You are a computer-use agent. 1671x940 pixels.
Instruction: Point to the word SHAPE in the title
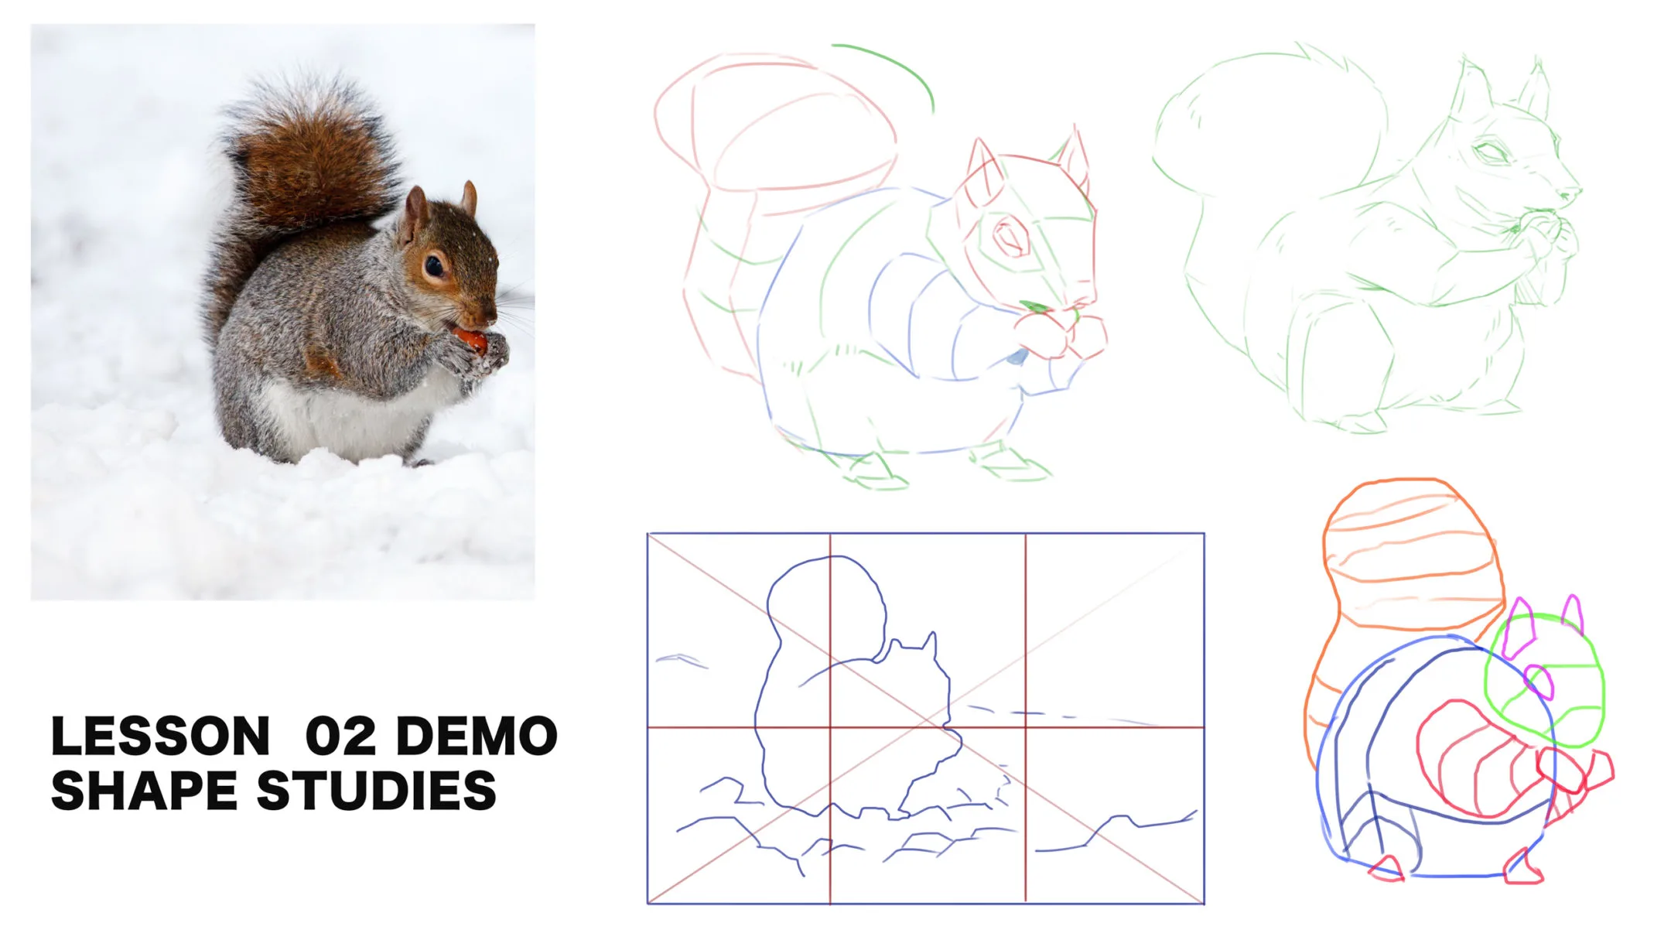click(x=144, y=791)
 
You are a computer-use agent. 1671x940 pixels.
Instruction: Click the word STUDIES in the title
click(x=376, y=791)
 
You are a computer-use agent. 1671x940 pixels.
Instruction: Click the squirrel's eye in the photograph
click(x=435, y=267)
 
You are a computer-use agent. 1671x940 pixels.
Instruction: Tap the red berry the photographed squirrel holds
click(x=469, y=338)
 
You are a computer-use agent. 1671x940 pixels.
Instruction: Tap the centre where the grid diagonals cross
click(x=926, y=719)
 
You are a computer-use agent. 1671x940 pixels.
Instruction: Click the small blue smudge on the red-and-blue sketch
click(x=1017, y=357)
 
